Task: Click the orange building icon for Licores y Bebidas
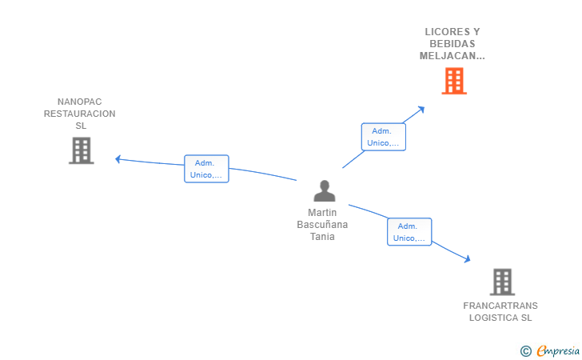[453, 81]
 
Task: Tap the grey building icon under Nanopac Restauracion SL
[82, 150]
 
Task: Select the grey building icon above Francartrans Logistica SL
[501, 282]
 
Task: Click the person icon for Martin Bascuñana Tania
[324, 191]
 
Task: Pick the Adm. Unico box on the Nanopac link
[206, 169]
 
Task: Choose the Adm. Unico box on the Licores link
[383, 137]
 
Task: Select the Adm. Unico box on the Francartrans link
[409, 232]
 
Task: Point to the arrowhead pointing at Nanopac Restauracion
[118, 159]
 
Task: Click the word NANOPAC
[80, 102]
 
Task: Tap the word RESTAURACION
[80, 114]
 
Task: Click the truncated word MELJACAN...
[452, 56]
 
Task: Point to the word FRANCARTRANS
[500, 306]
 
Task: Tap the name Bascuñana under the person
[322, 225]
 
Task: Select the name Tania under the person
[322, 236]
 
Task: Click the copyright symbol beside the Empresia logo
[525, 350]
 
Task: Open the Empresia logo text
[558, 350]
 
